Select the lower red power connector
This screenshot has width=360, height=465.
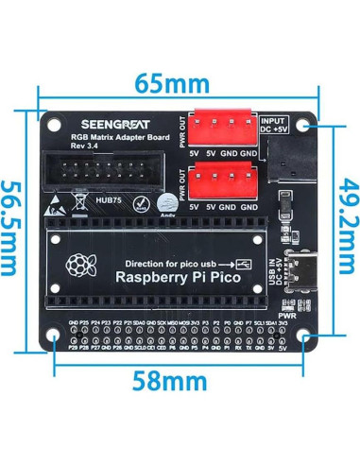tap(226, 179)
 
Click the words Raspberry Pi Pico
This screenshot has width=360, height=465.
tap(177, 277)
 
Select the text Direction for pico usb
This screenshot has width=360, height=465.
tap(174, 262)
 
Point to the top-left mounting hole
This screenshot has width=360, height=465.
tap(54, 124)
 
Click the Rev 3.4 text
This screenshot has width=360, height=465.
tap(86, 146)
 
